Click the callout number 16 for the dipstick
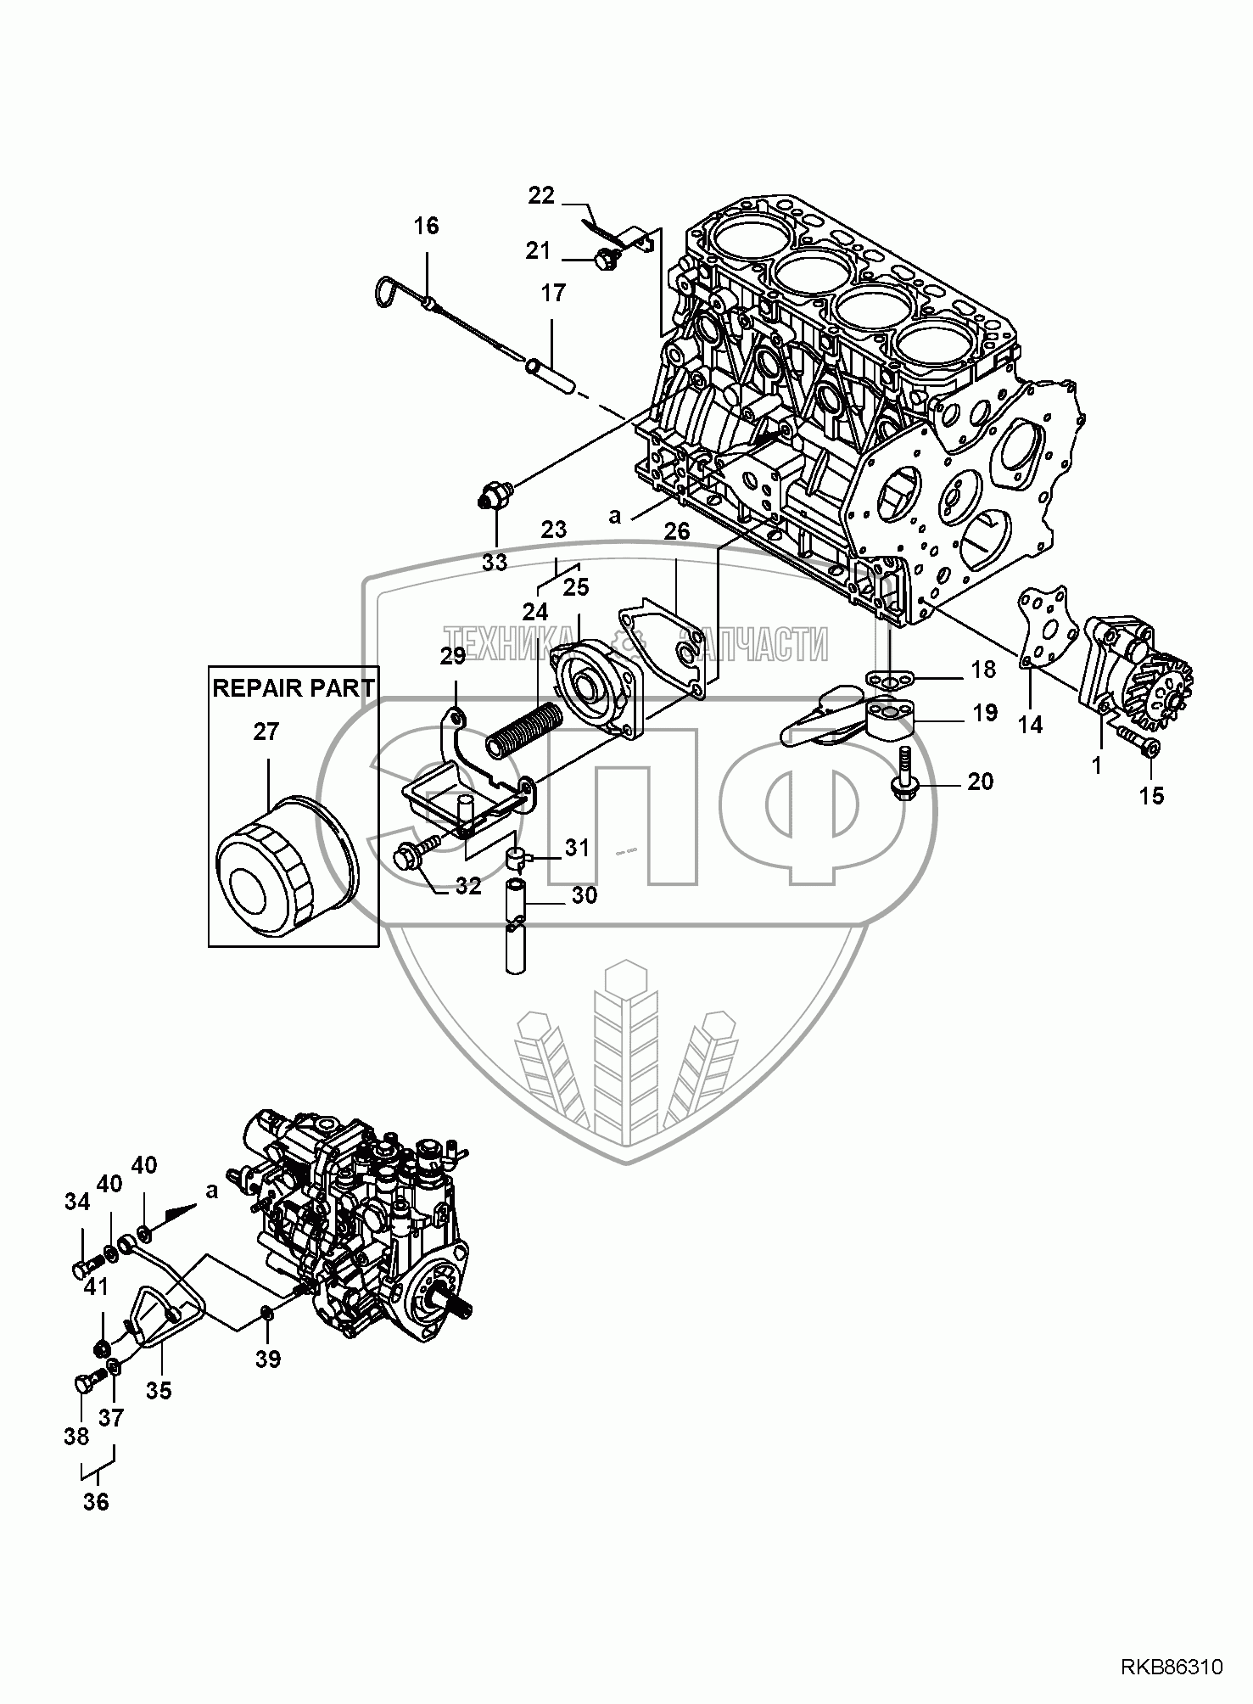tap(427, 226)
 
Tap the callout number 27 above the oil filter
tap(266, 731)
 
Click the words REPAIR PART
tap(293, 688)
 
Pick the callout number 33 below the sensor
tap(495, 562)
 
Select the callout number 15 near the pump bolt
tap(1152, 795)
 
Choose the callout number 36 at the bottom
tap(97, 1501)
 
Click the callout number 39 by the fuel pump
tap(268, 1359)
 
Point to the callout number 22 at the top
tap(540, 196)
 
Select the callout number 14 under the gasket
tap(1030, 724)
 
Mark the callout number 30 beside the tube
tap(583, 894)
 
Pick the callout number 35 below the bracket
tap(159, 1390)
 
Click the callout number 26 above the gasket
tap(676, 532)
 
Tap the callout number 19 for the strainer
tap(985, 713)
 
